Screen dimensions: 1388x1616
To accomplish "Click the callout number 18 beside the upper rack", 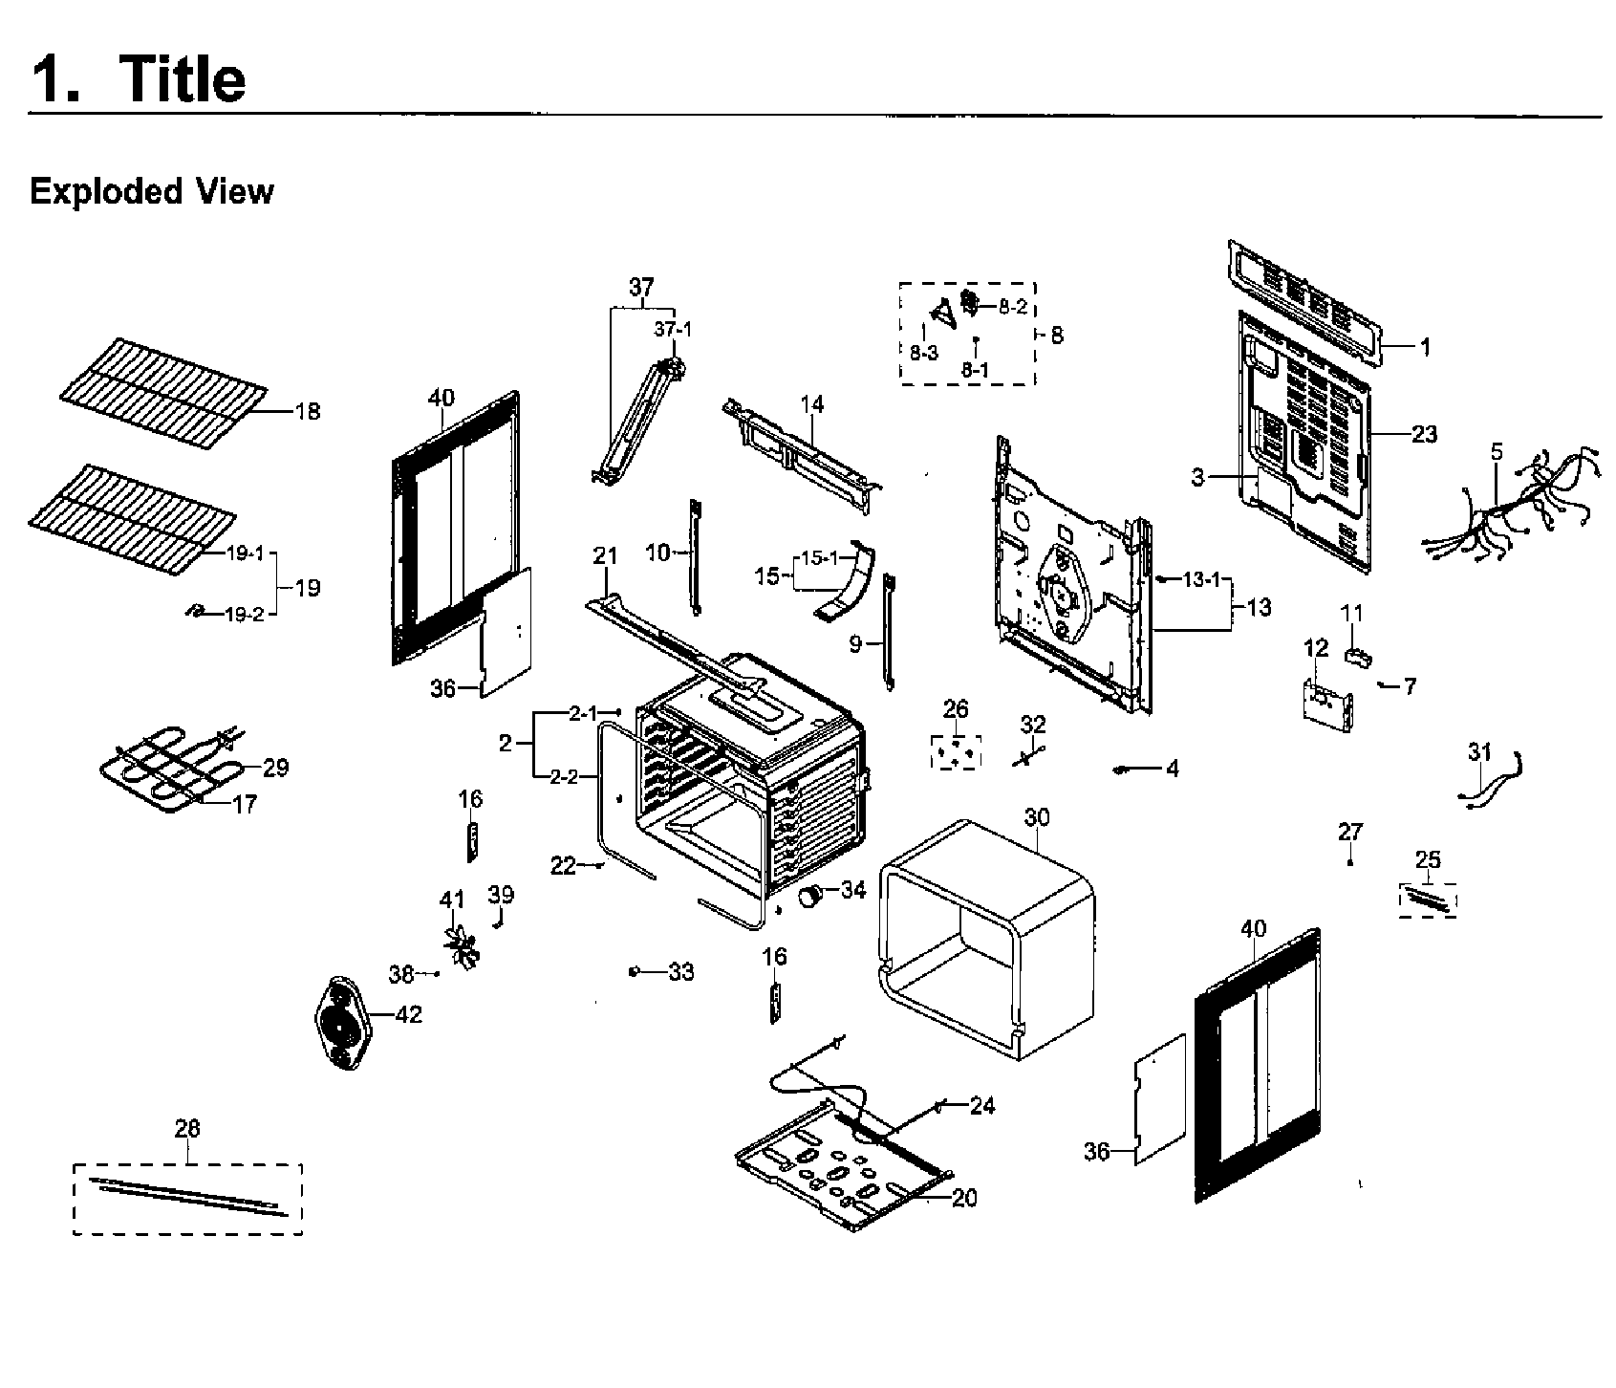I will coord(307,412).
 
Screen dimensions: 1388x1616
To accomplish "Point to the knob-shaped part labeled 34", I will coord(811,897).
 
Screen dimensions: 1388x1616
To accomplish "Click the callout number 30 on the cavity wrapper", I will coord(1036,817).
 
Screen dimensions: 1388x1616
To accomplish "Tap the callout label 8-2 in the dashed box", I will coord(1013,308).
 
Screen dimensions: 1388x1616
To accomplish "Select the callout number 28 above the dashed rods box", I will coord(187,1128).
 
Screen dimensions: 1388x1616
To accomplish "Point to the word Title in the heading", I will coord(182,78).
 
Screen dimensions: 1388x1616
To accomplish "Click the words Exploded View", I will coord(151,191).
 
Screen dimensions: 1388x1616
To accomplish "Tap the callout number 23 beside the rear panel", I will coord(1423,434).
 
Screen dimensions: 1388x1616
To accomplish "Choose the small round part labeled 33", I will coord(634,972).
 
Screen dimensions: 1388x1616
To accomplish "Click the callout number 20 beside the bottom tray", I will coord(964,1198).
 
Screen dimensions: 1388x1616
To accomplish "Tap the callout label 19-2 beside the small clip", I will coord(244,615).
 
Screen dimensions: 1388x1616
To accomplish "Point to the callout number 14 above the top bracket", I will coord(811,404).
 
